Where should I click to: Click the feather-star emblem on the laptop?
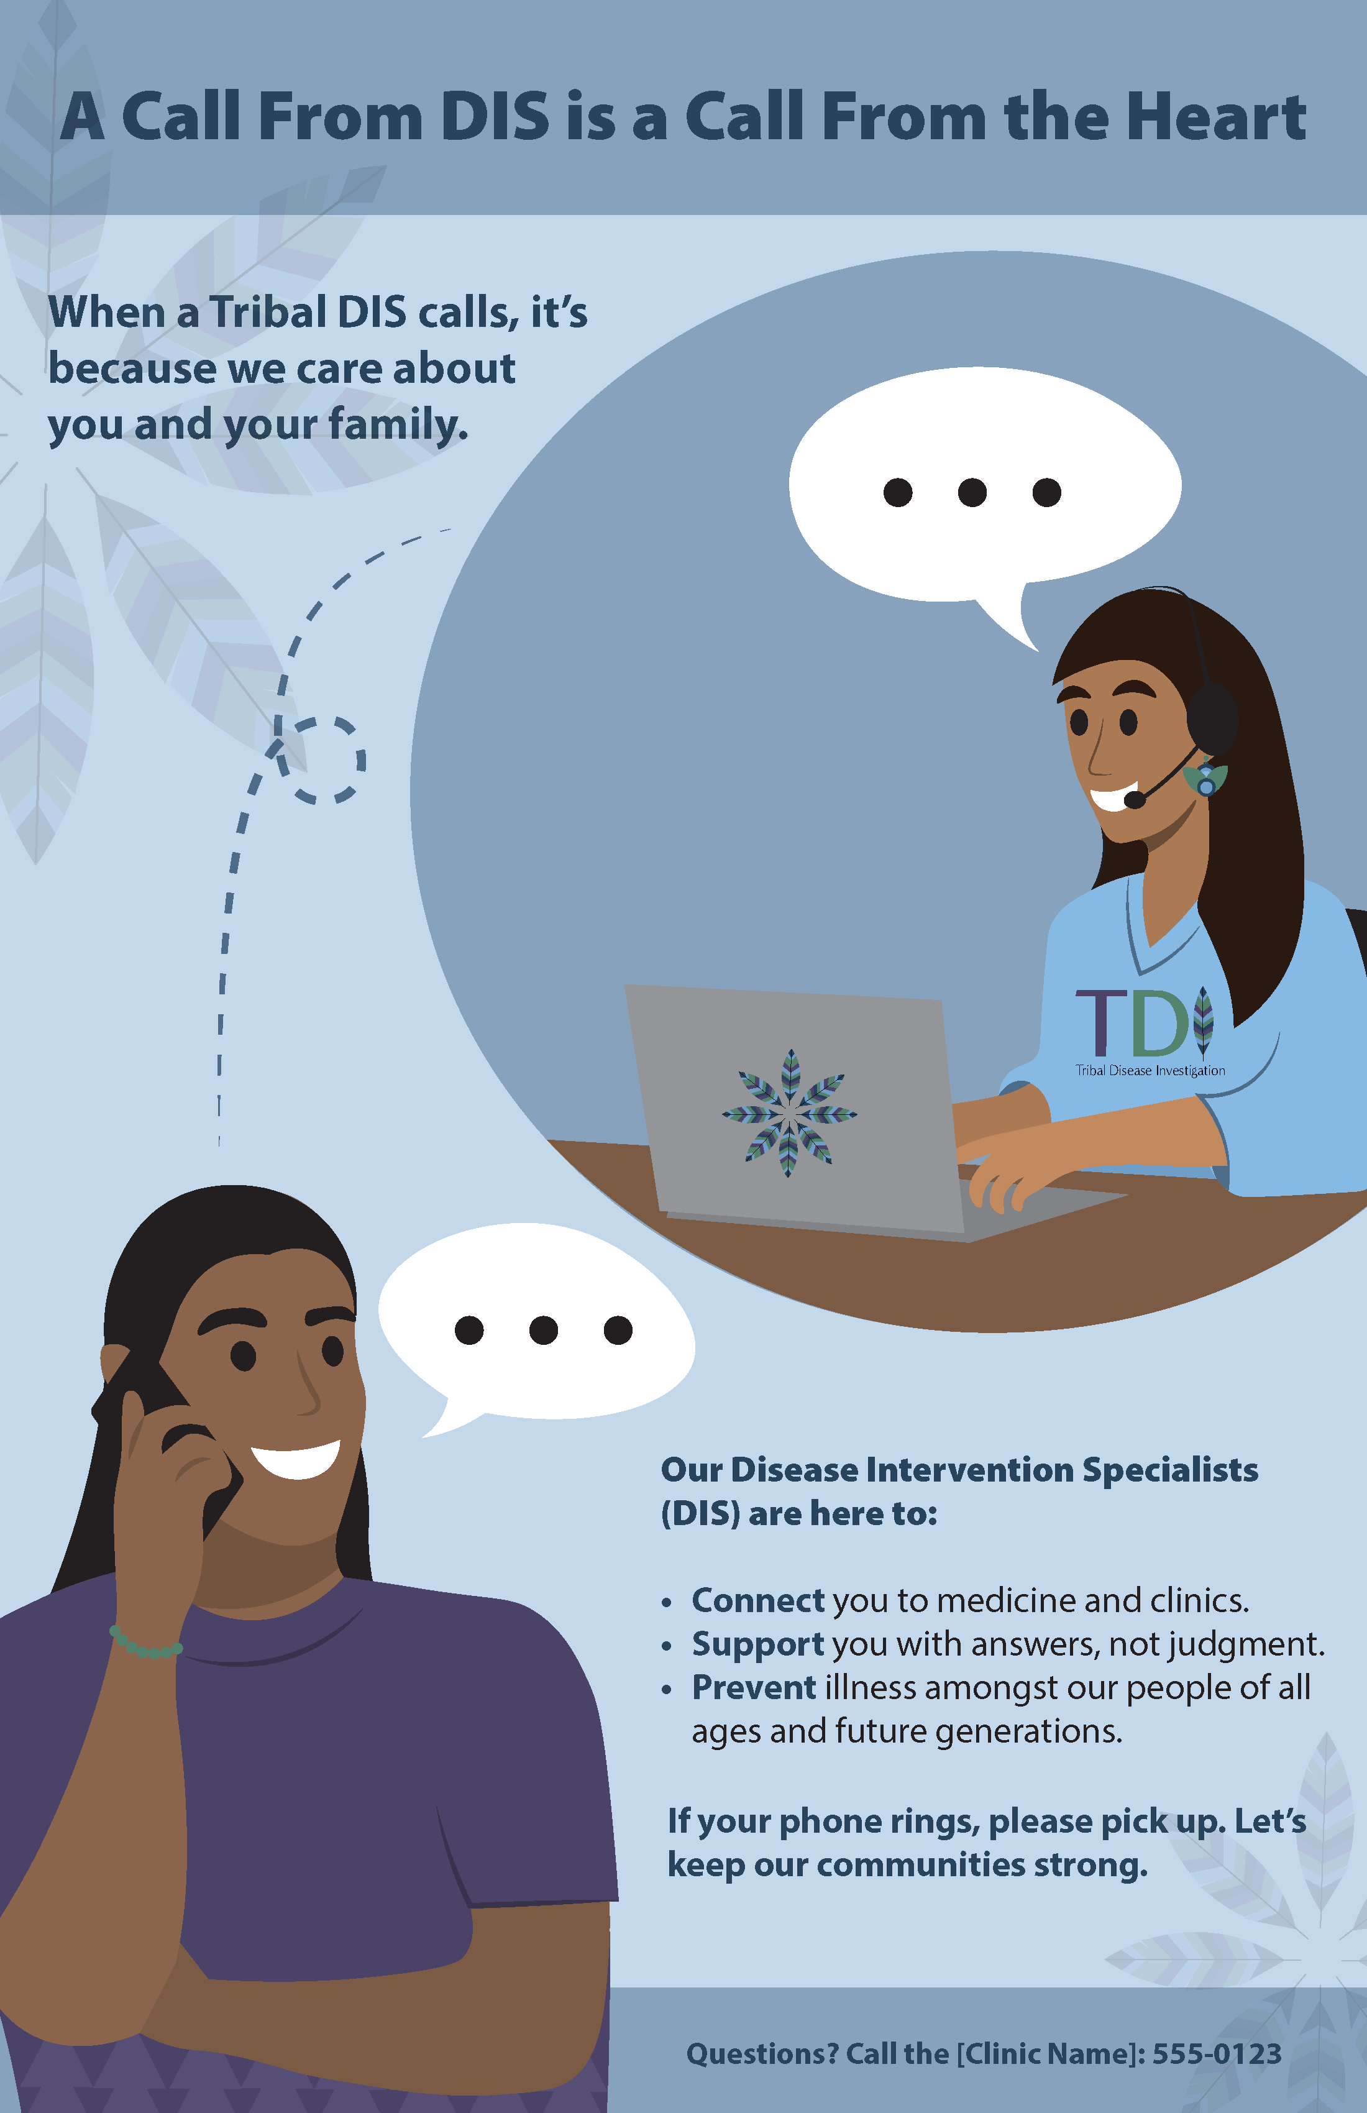(789, 1113)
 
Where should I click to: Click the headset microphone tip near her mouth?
(1133, 800)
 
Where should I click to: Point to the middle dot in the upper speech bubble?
(972, 492)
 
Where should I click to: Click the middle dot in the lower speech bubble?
(543, 1330)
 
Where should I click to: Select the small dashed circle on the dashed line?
(319, 760)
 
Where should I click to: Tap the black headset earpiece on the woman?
(1212, 718)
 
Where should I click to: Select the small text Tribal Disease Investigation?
(1150, 1071)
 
